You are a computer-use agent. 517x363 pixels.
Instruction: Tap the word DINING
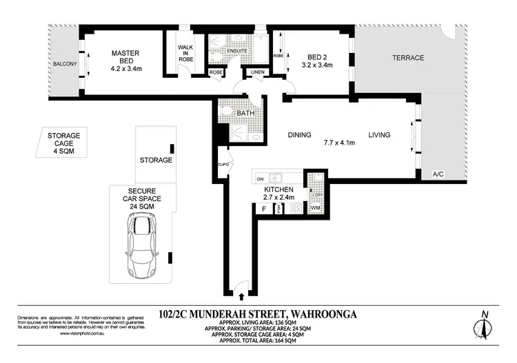(299, 135)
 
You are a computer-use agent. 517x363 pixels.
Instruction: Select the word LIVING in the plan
(380, 135)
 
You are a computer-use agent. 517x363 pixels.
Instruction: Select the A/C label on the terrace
(437, 174)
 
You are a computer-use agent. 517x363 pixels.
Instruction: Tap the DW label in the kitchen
(261, 179)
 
